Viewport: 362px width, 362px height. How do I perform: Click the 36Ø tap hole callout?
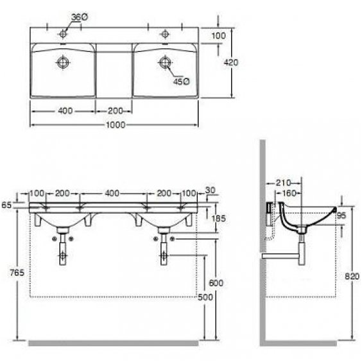80,17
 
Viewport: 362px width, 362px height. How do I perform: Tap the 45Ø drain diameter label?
182,82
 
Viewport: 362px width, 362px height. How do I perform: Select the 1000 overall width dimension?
116,125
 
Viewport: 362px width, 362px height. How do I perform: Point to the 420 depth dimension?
231,62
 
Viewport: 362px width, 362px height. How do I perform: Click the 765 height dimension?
17,273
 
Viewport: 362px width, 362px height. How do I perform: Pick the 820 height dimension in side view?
352,276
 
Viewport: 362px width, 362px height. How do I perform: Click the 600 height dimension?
216,283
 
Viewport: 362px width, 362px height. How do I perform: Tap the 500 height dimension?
205,297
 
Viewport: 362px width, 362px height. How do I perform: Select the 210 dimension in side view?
283,183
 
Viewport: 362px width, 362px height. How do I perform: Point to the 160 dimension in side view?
289,193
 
